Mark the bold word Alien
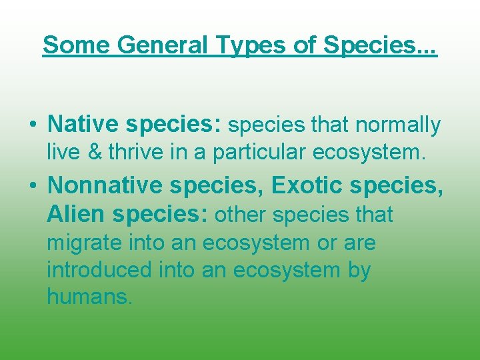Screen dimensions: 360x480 click(x=76, y=215)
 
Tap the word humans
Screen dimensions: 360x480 click(x=89, y=297)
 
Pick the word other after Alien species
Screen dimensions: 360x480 click(x=241, y=215)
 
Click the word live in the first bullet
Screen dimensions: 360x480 click(x=61, y=153)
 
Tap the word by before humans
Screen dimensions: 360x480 click(x=357, y=271)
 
